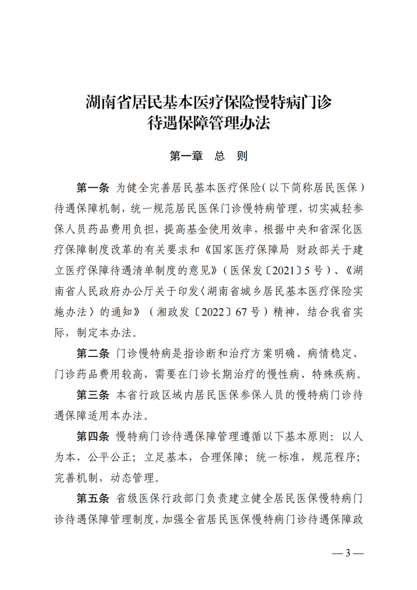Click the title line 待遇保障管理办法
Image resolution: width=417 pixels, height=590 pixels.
tap(209, 124)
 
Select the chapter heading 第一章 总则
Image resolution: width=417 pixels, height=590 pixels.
tap(209, 156)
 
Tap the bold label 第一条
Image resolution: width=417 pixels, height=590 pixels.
tap(93, 188)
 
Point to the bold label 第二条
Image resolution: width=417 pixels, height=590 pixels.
tap(93, 352)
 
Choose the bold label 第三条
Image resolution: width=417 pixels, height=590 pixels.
tap(93, 393)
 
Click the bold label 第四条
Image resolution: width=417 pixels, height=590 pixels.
tap(93, 436)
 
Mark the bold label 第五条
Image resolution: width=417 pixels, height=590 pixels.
tap(93, 497)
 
